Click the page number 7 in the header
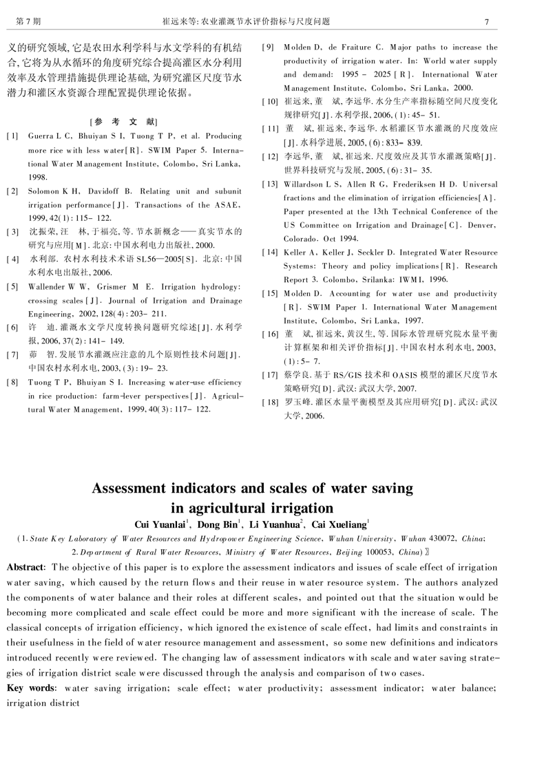pyautogui.click(x=485, y=22)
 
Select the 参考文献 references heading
pyautogui.click(x=124, y=120)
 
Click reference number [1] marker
pyautogui.click(x=12, y=136)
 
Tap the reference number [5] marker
pyautogui.click(x=12, y=286)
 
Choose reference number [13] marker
pyautogui.click(x=270, y=184)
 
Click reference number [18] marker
pyautogui.click(x=270, y=403)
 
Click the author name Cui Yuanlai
pyautogui.click(x=163, y=525)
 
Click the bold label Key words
pyautogui.click(x=32, y=688)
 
